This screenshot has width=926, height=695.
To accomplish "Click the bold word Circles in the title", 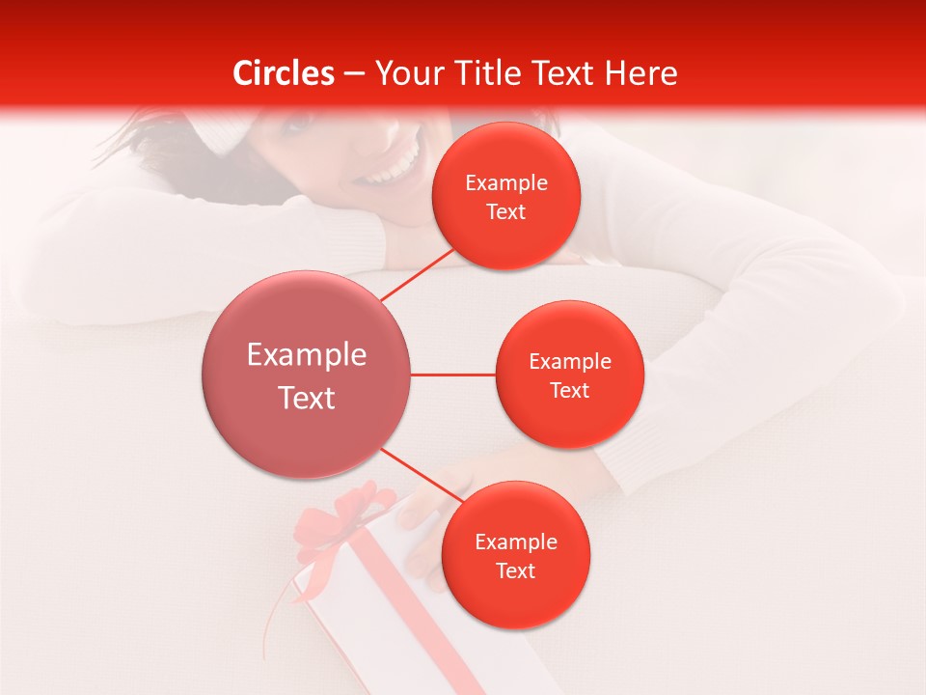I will [284, 73].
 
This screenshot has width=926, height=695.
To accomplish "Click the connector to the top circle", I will [419, 274].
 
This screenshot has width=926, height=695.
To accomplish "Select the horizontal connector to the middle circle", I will [453, 375].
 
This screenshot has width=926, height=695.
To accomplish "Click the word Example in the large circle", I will [307, 355].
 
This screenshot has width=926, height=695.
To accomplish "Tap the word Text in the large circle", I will [307, 398].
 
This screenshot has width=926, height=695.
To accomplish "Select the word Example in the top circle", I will [506, 183].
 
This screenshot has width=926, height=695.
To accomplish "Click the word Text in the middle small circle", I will [569, 390].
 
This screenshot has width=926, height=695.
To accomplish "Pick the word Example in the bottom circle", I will [515, 542].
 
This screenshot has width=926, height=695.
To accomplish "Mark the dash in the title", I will [354, 74].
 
